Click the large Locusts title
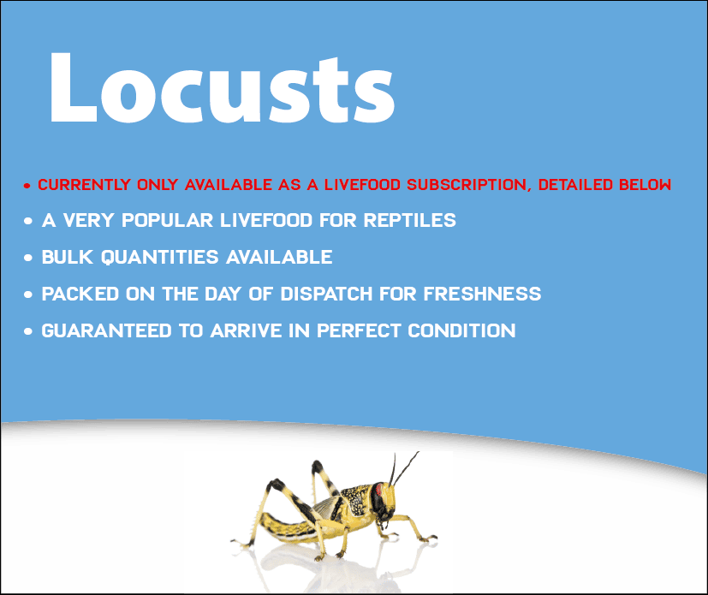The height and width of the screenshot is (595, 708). (x=222, y=87)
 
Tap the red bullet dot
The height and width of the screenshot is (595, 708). (x=27, y=186)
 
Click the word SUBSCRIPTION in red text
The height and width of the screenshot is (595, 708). (x=467, y=185)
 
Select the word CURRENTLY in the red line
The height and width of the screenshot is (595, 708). (x=84, y=185)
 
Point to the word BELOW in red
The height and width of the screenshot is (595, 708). (x=646, y=185)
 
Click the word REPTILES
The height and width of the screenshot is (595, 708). (x=409, y=220)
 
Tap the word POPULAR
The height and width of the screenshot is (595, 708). (x=167, y=220)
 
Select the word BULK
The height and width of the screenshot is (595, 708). (x=68, y=258)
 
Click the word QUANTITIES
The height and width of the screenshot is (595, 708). (x=160, y=258)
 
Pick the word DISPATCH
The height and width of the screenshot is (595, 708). (x=325, y=294)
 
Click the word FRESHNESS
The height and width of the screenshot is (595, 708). (x=482, y=294)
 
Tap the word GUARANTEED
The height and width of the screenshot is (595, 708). (x=106, y=331)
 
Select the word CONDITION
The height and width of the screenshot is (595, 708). (x=461, y=331)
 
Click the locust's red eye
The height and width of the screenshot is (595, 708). (x=378, y=490)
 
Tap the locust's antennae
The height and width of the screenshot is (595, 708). (x=403, y=468)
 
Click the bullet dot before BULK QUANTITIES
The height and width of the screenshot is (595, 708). (x=28, y=259)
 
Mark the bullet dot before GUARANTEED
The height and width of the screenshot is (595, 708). (x=28, y=332)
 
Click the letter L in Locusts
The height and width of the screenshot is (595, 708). (x=73, y=87)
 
